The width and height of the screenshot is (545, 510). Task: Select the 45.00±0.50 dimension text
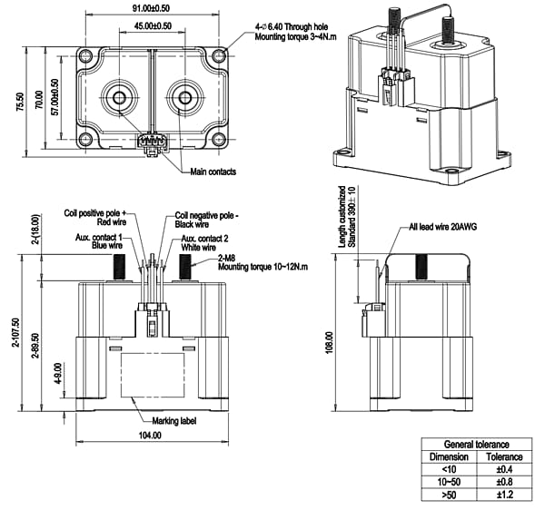152,25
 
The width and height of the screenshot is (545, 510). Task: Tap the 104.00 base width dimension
150,435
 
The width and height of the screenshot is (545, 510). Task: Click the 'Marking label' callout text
173,418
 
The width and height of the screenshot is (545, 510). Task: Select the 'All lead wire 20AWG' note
439,228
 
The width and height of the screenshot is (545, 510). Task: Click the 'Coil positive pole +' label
97,214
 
